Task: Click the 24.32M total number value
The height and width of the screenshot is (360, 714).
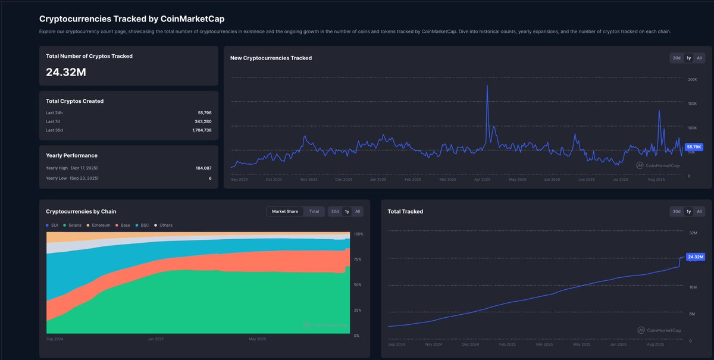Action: (66, 72)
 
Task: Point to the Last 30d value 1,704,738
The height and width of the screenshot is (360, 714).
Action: (202, 130)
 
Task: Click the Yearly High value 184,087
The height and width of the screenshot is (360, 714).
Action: (203, 168)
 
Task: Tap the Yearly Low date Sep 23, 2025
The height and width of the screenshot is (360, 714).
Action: (84, 178)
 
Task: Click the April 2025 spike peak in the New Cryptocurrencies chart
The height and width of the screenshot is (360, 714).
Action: (487, 86)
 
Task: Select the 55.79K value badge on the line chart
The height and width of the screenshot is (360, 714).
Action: (694, 146)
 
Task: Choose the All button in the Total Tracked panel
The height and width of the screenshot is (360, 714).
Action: (699, 211)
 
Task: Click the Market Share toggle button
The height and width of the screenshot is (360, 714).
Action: (284, 211)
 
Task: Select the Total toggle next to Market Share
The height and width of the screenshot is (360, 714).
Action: (314, 211)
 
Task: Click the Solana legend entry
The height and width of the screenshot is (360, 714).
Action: (73, 225)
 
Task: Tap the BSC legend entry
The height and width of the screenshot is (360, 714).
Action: (143, 225)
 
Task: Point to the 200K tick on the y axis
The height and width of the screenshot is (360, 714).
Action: (693, 79)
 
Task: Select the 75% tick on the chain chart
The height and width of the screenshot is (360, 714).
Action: (358, 259)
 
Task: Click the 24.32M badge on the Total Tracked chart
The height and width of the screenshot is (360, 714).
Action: (694, 257)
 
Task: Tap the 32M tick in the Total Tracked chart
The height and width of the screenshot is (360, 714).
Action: (693, 233)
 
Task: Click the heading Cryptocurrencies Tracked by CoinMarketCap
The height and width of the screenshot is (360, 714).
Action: (131, 19)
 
